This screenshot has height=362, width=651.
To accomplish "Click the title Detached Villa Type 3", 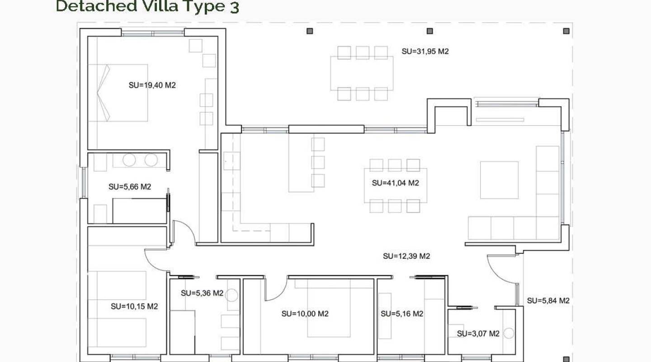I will pyautogui.click(x=147, y=6).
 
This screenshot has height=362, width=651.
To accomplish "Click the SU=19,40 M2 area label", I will pyautogui.click(x=152, y=85).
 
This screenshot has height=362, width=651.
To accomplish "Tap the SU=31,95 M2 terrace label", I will pyautogui.click(x=425, y=52).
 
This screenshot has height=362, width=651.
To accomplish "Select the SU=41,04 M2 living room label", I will pyautogui.click(x=395, y=183).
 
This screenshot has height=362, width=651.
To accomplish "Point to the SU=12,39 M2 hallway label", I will pyautogui.click(x=406, y=256).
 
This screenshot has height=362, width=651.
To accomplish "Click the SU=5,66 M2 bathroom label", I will pyautogui.click(x=130, y=186).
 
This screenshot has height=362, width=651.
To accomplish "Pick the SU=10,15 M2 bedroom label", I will pyautogui.click(x=134, y=306).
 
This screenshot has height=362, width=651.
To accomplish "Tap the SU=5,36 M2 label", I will pyautogui.click(x=202, y=293).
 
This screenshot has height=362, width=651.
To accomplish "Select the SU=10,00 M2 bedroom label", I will pyautogui.click(x=305, y=314).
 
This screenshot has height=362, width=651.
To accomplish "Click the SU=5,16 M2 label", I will pyautogui.click(x=401, y=314).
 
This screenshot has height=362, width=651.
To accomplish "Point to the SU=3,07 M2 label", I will pyautogui.click(x=478, y=333).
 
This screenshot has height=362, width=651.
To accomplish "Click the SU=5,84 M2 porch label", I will pyautogui.click(x=548, y=300).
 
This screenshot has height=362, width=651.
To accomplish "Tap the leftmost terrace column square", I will pyautogui.click(x=310, y=31).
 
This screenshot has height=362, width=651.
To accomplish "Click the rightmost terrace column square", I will pyautogui.click(x=566, y=31).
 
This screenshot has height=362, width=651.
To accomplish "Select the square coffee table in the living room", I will pyautogui.click(x=499, y=180).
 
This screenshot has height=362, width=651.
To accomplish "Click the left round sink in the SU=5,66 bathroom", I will pyautogui.click(x=129, y=160).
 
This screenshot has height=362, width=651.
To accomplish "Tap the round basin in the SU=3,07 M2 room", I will pyautogui.click(x=509, y=333).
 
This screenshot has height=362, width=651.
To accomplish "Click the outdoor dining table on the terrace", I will pyautogui.click(x=362, y=73).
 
